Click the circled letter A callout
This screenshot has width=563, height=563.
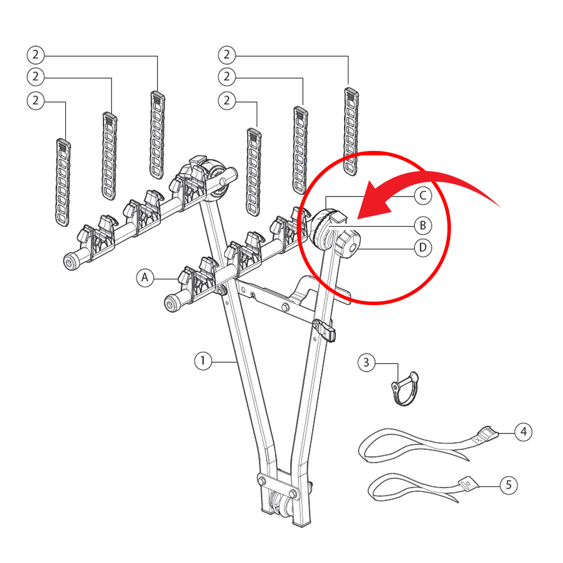(145, 278)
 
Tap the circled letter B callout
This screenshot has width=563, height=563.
(423, 226)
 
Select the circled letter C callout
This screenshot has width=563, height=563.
(423, 196)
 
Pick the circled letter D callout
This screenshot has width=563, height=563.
(423, 248)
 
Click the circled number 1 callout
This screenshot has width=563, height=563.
(203, 360)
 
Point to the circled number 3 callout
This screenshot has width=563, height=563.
(367, 363)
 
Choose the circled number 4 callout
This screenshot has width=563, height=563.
(523, 432)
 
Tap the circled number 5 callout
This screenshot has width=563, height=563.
(508, 485)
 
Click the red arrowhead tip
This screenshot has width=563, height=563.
(358, 218)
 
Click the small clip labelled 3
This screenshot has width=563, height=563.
(405, 388)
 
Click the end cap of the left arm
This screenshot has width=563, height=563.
(72, 261)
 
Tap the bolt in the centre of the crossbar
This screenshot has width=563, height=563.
(286, 307)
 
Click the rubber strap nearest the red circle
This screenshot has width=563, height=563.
(351, 131)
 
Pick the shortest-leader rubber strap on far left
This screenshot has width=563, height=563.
(63, 182)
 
